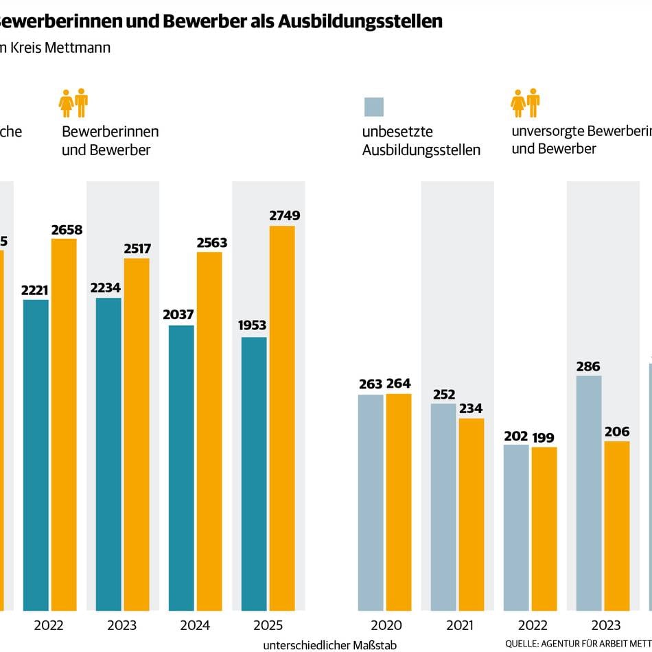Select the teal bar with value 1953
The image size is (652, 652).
[x=253, y=474]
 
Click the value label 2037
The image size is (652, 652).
[x=178, y=315]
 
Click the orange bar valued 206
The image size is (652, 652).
[x=616, y=525]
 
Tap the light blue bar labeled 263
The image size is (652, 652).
[x=371, y=502]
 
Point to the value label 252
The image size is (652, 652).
[x=444, y=394]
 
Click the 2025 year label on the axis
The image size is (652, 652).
[x=268, y=625]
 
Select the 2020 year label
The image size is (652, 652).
[x=386, y=625]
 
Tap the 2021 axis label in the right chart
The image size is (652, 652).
[x=459, y=625]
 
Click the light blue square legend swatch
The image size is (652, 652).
[x=373, y=107]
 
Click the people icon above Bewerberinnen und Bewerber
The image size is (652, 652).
[x=73, y=103]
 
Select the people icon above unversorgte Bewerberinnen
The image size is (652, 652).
[x=525, y=103]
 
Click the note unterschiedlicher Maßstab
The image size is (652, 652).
[x=329, y=645]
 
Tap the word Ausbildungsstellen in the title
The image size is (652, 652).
[x=360, y=21]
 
